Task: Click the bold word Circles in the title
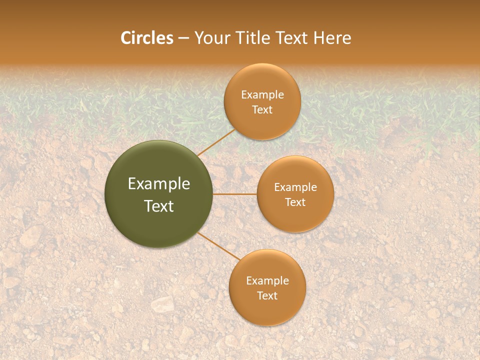(147, 38)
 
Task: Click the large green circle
(159, 194)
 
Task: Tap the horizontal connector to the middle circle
(235, 194)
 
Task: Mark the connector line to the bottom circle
(218, 246)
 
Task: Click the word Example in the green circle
(159, 184)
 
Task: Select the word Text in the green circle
(159, 206)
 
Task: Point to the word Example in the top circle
(262, 95)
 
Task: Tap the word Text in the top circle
(262, 109)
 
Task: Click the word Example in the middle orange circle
(295, 187)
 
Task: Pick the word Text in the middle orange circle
(295, 202)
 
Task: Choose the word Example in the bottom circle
(267, 281)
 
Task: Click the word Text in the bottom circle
(267, 295)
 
